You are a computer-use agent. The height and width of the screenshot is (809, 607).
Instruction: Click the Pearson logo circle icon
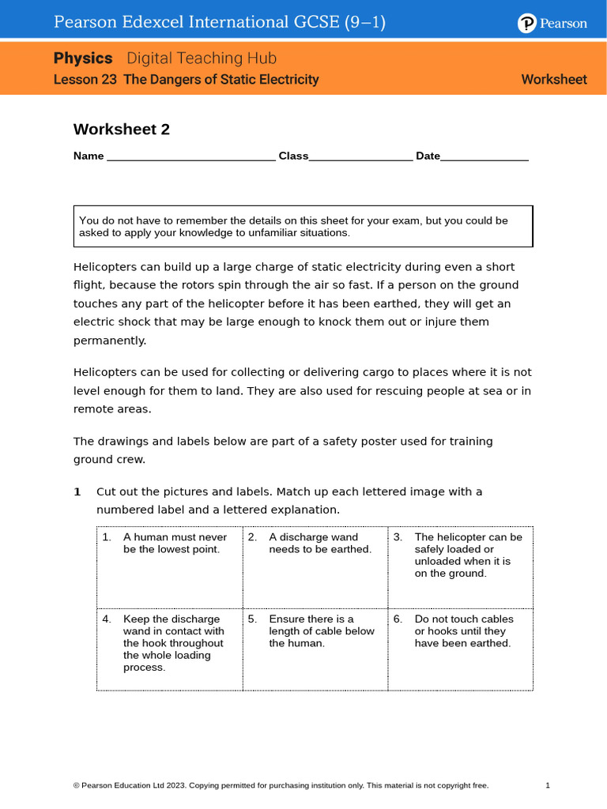coord(527,24)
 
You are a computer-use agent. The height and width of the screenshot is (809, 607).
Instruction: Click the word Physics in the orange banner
coord(83,58)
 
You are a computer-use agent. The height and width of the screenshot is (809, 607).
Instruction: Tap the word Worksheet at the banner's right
coord(554,80)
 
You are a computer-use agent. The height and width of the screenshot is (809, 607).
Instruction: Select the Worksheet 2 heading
coord(121,130)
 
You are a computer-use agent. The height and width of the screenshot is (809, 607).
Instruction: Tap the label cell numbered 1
coord(169,566)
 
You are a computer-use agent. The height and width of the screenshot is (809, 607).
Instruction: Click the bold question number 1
coord(77,491)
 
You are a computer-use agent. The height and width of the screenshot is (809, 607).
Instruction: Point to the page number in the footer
coord(548,785)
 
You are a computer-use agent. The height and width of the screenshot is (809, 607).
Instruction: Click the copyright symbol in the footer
coord(76,785)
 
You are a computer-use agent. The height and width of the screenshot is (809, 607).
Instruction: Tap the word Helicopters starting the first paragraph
coord(105,266)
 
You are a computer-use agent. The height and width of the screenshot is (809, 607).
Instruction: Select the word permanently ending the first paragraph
coord(109,341)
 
